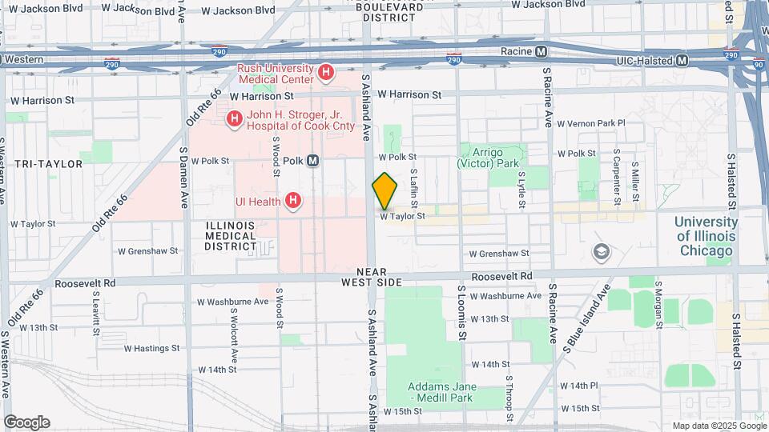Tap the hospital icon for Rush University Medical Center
tap(325, 74)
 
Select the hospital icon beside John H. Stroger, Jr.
tap(234, 120)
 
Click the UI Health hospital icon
tap(293, 201)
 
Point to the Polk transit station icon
tap(313, 160)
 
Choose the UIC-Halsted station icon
tap(682, 60)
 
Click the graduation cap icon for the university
tap(599, 253)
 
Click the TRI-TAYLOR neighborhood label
tap(48, 163)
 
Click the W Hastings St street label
tap(151, 348)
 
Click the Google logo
tap(26, 422)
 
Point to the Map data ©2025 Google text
tap(718, 426)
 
